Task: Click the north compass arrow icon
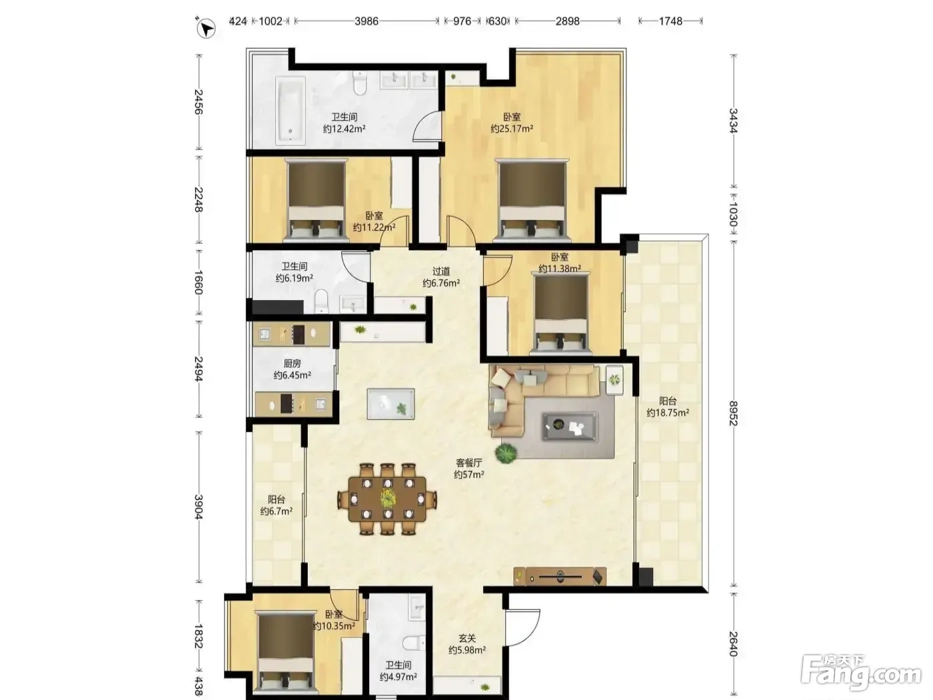click(x=206, y=28)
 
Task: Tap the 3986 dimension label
click(x=367, y=21)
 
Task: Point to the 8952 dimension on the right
click(x=733, y=413)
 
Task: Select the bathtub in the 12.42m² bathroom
click(x=291, y=110)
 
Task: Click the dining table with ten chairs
click(x=387, y=499)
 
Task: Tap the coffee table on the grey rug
click(x=569, y=426)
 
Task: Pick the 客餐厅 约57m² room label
click(x=469, y=469)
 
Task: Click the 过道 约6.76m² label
click(x=441, y=277)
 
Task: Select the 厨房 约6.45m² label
click(x=293, y=369)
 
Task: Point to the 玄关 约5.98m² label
click(x=467, y=644)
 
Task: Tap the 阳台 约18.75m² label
click(x=668, y=407)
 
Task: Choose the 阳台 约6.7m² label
click(x=277, y=505)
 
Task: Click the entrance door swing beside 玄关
click(x=522, y=628)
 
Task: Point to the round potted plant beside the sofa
click(x=506, y=454)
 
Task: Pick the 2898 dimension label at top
click(x=567, y=21)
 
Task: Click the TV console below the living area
click(x=560, y=577)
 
